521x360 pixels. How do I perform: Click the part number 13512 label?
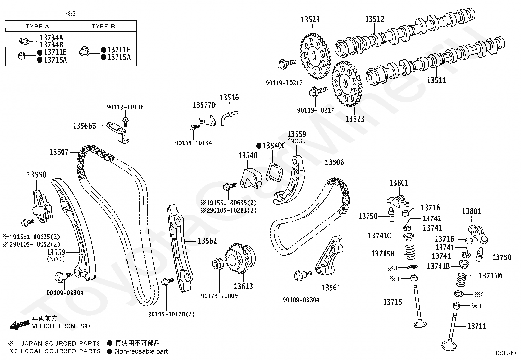[374, 19]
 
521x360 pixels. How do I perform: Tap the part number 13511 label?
[436, 80]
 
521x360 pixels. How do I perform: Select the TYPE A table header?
[37, 26]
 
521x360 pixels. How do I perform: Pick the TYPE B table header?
[103, 26]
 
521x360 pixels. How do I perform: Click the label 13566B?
[84, 126]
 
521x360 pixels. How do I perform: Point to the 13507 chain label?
[59, 152]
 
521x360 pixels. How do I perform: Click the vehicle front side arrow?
[20, 325]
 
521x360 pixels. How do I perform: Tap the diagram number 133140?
[505, 353]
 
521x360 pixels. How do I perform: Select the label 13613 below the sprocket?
[243, 286]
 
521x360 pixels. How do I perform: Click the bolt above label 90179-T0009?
[218, 264]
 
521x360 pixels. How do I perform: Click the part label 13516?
[229, 97]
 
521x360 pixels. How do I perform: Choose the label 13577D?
[204, 105]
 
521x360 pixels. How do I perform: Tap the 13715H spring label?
[383, 253]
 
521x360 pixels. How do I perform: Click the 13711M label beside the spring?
[490, 276]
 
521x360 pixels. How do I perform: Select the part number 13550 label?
[37, 174]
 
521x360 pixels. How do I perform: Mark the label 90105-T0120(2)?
[171, 314]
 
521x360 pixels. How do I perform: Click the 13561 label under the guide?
[331, 288]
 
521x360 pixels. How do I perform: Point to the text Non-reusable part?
[141, 351]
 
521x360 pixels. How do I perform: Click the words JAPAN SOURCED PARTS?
[61, 343]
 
